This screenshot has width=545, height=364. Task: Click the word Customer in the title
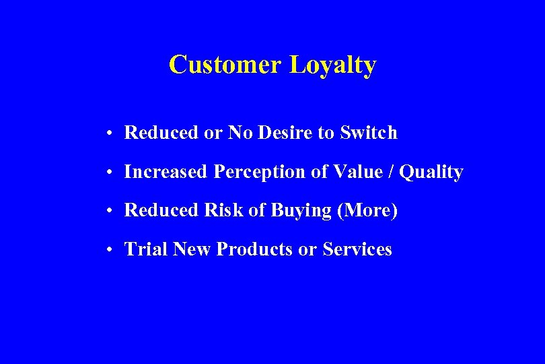pos(225,65)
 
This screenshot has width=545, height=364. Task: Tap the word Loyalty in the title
pos(332,66)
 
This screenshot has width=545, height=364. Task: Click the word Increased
pos(166,172)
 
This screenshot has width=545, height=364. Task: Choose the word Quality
pos(431,173)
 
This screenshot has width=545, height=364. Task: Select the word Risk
pos(223,210)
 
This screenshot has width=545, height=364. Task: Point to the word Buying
pos(301,211)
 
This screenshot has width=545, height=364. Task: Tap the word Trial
pos(146,249)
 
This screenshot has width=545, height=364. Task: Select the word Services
pos(357,249)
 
